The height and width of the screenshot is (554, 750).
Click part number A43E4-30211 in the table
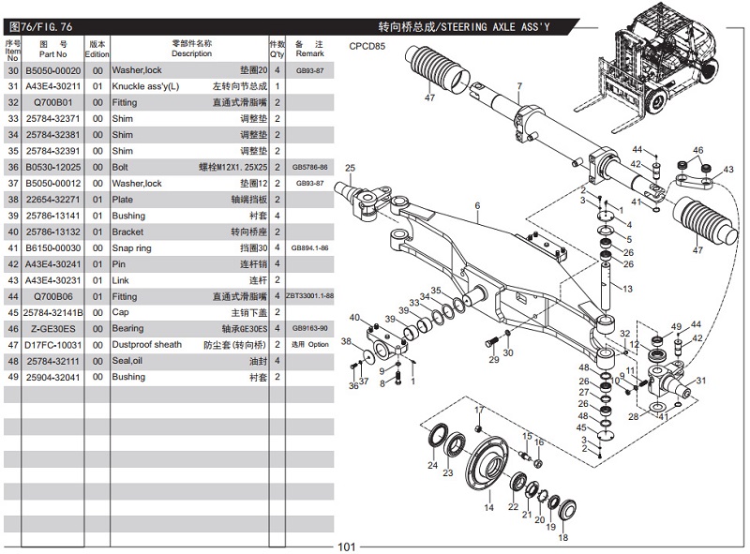52,87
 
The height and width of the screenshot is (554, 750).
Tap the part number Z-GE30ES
52,329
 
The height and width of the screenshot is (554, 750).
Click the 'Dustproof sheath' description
147,345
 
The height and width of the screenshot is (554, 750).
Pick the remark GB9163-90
308,329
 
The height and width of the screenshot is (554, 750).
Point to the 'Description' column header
191,53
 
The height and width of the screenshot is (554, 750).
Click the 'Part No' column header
52,53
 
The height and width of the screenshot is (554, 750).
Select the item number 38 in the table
13,200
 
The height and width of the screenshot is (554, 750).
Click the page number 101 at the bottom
347,547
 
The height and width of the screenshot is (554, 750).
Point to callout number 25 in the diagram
351,169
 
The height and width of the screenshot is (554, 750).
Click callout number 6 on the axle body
476,205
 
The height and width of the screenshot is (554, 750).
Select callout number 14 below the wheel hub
488,507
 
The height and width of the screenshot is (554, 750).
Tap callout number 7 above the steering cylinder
518,86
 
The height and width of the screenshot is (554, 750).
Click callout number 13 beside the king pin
627,288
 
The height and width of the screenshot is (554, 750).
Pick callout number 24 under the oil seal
432,465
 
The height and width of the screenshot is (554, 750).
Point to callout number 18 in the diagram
562,537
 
